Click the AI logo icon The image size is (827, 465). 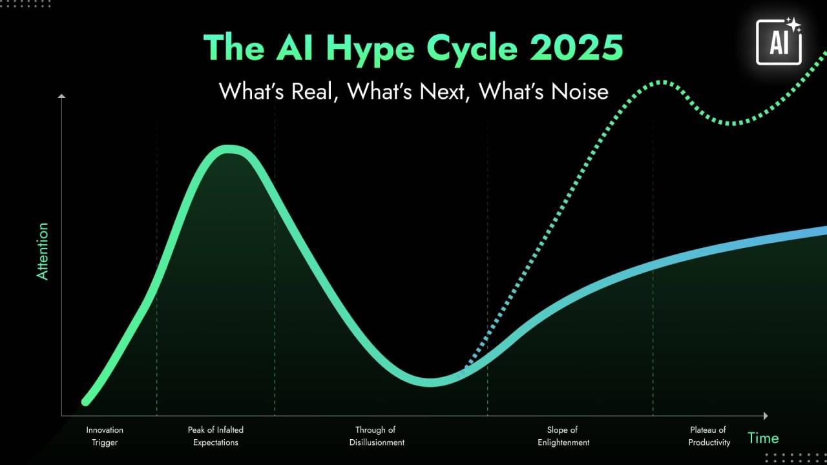point(779,41)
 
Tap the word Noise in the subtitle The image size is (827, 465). point(580,91)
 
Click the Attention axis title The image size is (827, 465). point(43,251)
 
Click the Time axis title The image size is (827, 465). point(763,438)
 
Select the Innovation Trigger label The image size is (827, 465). point(105,436)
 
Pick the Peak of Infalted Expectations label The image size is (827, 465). point(216,436)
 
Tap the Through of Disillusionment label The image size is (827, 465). point(377,436)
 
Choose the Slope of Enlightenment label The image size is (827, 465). point(563,436)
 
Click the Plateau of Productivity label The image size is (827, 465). point(709,436)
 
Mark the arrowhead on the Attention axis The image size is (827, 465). point(61,97)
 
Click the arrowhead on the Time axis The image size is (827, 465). point(766,416)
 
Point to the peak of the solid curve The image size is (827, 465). point(227,150)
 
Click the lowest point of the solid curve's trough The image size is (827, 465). point(431,382)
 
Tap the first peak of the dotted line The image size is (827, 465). point(662,82)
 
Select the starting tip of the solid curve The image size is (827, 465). point(85,402)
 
